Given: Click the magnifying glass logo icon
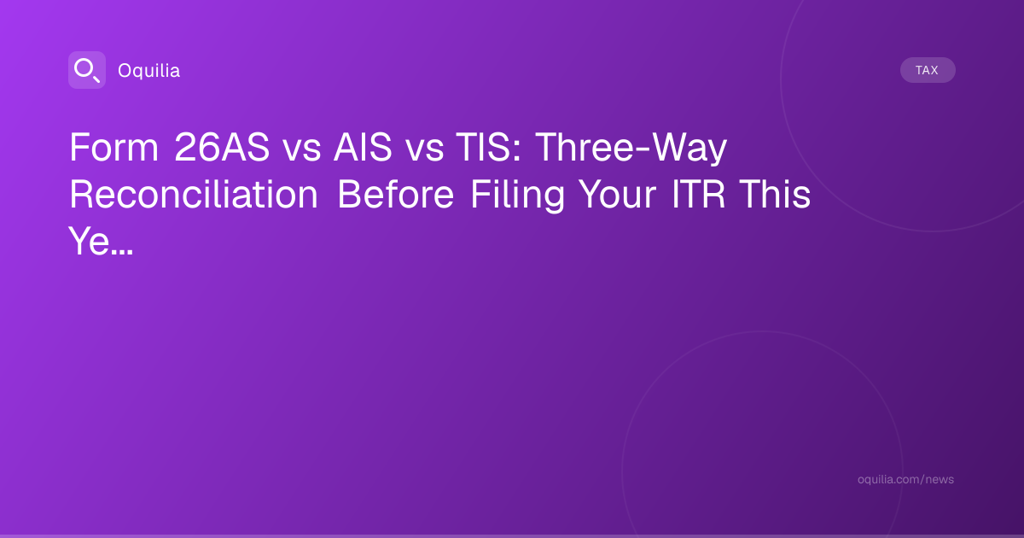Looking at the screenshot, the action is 87,70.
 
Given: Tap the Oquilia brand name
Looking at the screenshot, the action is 149,70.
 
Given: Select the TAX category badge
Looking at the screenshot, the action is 928,70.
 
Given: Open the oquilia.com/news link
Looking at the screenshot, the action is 905,479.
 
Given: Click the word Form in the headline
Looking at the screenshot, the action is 114,147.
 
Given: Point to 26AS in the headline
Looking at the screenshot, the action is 222,147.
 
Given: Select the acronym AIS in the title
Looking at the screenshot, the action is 363,147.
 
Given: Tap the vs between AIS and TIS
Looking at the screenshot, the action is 425,151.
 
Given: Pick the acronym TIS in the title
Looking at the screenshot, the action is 483,147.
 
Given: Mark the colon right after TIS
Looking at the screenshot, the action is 517,151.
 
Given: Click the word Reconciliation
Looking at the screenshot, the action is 194,195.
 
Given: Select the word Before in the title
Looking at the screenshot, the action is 396,195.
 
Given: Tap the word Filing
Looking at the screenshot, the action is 518,196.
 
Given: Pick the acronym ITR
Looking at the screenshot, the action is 699,195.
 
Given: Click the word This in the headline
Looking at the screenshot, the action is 775,195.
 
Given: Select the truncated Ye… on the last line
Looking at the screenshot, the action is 101,241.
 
